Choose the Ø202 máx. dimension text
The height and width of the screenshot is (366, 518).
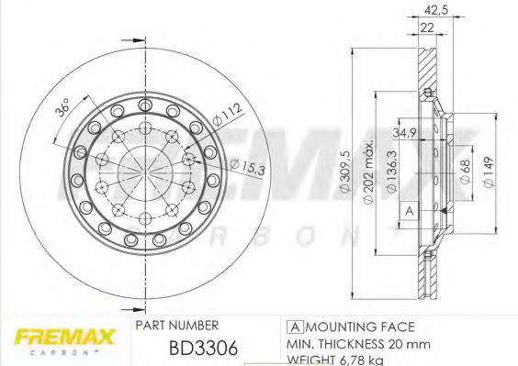tap(371, 177)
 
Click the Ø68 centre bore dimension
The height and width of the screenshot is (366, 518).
tap(466, 173)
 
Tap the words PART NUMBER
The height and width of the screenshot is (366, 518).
tap(176, 326)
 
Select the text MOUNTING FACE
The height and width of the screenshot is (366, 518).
tap(361, 326)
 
